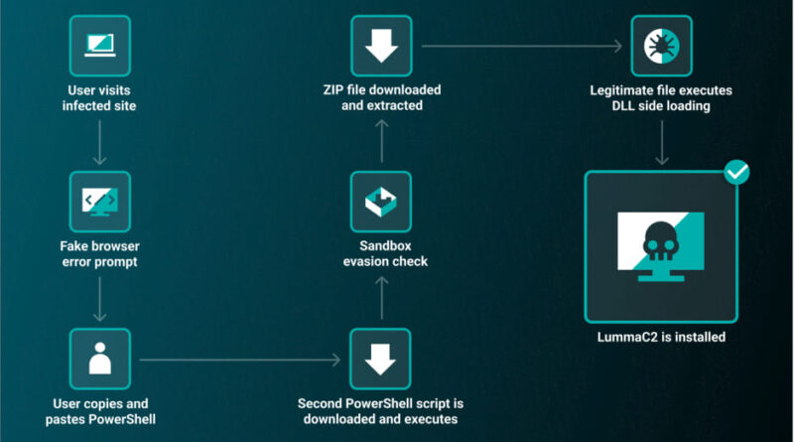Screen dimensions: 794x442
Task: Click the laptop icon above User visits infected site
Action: coord(100,46)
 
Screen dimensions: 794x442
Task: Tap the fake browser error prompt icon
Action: coord(100,202)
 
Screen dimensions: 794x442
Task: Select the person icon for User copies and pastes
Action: coord(100,359)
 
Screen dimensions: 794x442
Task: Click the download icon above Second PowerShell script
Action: coord(380,359)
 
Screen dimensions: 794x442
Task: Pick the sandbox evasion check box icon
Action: coord(381,202)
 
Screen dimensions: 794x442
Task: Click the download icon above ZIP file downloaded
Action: coord(381,46)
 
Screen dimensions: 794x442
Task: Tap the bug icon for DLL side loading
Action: coord(661,46)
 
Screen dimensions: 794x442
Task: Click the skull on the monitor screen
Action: coord(661,241)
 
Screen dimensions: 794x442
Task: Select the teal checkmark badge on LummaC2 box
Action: coord(736,173)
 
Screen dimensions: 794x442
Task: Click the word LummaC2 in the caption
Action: coord(621,337)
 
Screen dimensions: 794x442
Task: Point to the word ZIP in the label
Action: coord(333,90)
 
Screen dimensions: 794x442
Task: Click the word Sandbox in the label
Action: coord(385,246)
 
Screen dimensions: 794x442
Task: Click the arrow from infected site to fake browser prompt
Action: coord(100,142)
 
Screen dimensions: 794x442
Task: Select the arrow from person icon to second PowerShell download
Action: coord(240,360)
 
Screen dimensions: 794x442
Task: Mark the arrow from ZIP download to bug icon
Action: coord(522,46)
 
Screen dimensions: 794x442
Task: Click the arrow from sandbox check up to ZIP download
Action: coord(382,141)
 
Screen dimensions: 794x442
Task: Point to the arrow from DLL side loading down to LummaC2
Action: coord(662,143)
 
